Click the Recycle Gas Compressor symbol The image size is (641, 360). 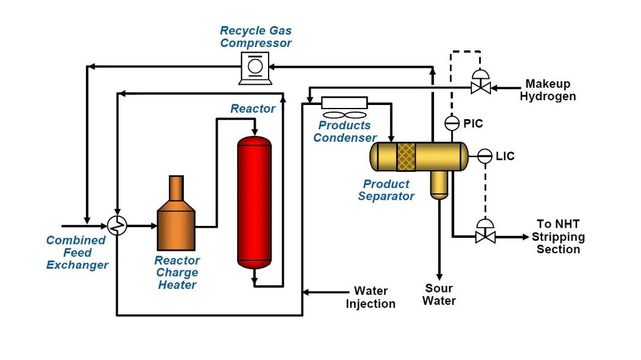point(254,67)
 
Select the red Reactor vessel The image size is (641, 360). point(254,202)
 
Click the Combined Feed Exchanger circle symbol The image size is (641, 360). point(118,226)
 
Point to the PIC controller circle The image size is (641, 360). point(452,123)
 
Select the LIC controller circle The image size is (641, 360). point(484,156)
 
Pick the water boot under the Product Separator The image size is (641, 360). point(439,184)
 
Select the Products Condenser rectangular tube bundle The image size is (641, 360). point(344,103)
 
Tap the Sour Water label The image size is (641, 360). point(439,295)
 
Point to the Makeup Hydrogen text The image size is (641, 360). point(548,90)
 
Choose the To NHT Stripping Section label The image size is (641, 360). point(557,237)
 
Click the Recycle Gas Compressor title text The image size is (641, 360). point(256,37)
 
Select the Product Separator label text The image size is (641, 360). point(386,190)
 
